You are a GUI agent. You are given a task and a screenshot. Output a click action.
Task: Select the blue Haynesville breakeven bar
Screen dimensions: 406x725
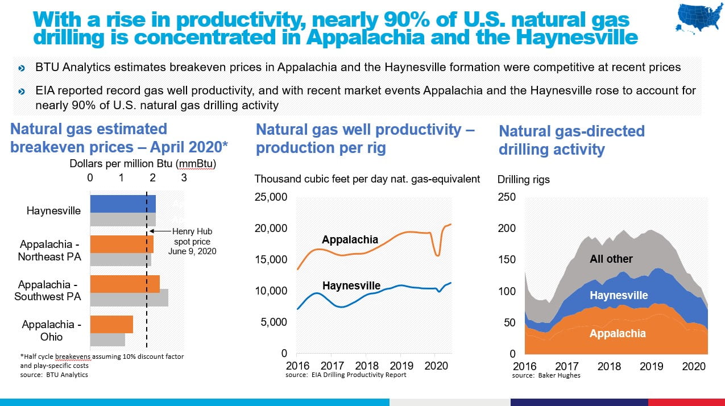click(x=123, y=203)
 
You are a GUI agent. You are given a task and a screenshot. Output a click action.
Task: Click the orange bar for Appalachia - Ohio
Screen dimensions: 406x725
click(x=111, y=324)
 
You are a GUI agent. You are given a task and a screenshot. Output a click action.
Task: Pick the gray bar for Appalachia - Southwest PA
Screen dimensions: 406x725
click(x=129, y=297)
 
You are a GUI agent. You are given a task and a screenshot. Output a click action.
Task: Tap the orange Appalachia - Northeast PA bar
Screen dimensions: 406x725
click(x=122, y=244)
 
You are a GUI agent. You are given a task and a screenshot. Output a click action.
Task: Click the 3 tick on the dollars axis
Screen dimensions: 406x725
click(x=184, y=177)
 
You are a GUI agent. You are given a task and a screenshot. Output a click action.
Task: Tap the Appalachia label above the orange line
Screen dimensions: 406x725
click(x=350, y=240)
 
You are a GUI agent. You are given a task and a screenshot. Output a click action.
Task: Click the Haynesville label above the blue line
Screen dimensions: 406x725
click(x=351, y=285)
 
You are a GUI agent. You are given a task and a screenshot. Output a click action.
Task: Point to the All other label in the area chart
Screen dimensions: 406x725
click(x=611, y=259)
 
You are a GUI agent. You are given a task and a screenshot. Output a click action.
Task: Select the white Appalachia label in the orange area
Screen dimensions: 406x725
click(x=617, y=333)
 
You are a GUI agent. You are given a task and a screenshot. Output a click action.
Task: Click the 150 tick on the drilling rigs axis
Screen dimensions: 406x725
click(x=507, y=260)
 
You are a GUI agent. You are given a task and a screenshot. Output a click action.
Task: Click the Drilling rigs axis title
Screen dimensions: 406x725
click(x=523, y=180)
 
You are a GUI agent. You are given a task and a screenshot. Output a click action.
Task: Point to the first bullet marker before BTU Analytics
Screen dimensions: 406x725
click(x=22, y=68)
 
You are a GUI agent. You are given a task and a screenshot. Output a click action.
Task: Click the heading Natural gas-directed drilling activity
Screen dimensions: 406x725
click(x=571, y=140)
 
